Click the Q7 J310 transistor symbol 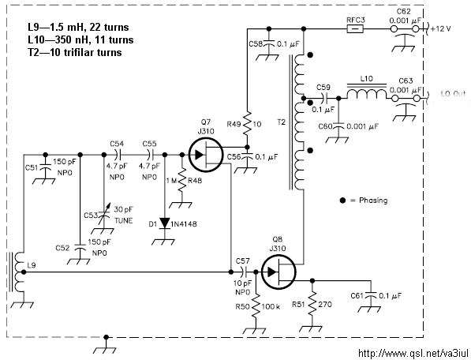pos(206,155)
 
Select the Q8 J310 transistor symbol pos(278,272)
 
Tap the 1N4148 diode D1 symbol pos(165,223)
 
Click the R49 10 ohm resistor pos(247,123)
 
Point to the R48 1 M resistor pos(182,180)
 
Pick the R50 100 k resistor pos(256,306)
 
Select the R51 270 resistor pos(312,304)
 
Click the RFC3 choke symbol pos(355,29)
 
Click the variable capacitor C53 pos(104,216)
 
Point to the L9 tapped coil pos(18,272)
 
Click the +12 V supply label pos(441,29)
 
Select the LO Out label pos(453,94)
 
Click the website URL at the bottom pos(413,353)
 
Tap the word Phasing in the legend pos(373,201)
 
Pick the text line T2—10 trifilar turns pos(75,52)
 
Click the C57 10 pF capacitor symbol pos(245,272)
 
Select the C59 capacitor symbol pos(325,98)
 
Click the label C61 pos(357,296)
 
